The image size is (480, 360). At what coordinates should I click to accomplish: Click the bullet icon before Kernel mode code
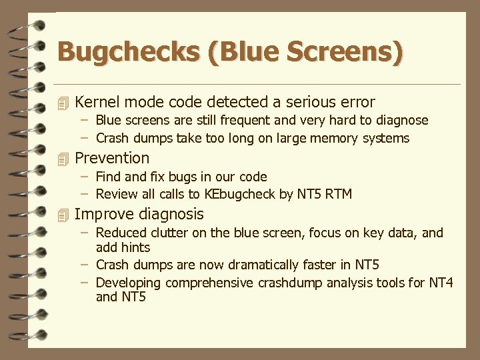point(63,103)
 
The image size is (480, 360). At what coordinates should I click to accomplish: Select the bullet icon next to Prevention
point(63,159)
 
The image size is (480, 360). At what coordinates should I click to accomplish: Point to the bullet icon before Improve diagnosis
point(63,215)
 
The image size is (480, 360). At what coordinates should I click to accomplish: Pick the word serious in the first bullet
point(311,102)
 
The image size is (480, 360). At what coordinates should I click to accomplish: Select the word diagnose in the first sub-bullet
point(399,121)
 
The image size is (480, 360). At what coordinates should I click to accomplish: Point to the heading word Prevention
point(112,158)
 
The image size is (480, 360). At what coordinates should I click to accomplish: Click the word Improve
point(103,214)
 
